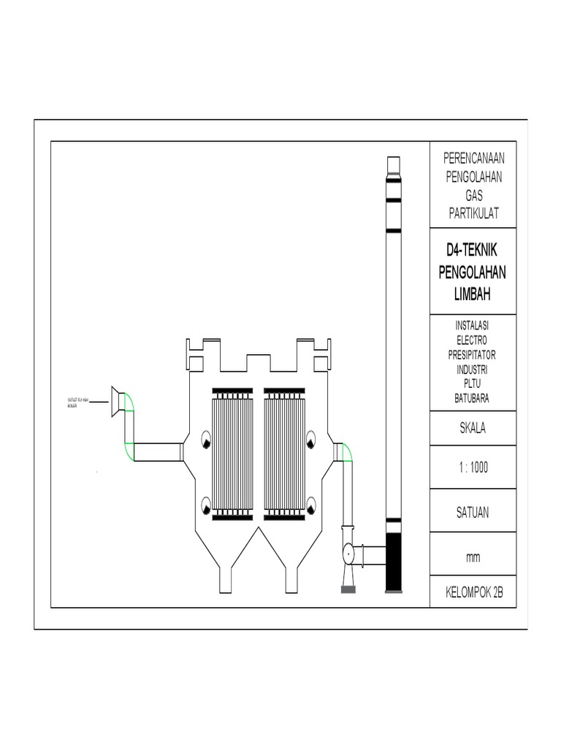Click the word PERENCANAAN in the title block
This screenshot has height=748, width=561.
pyautogui.click(x=475, y=159)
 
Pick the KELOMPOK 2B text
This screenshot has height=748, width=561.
pyautogui.click(x=475, y=592)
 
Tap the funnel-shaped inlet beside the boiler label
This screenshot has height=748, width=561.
pyautogui.click(x=116, y=402)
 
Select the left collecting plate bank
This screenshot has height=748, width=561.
pyautogui.click(x=232, y=454)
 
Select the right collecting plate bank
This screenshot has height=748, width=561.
pyautogui.click(x=284, y=454)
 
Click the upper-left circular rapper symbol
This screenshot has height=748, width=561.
pyautogui.click(x=205, y=440)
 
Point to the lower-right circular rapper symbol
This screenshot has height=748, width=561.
pyautogui.click(x=312, y=504)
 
